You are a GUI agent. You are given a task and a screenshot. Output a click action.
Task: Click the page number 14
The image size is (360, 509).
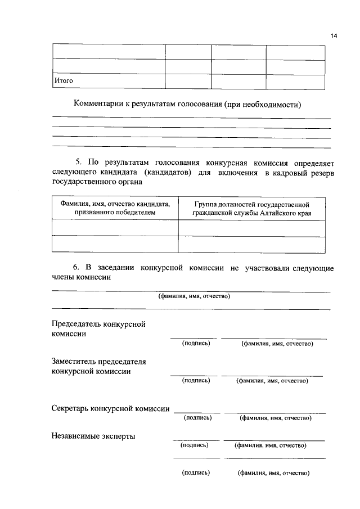[x=333, y=36]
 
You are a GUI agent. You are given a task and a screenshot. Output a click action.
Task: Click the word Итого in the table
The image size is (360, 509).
[x=64, y=81]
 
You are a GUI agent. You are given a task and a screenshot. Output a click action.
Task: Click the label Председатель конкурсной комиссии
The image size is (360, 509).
[x=99, y=329]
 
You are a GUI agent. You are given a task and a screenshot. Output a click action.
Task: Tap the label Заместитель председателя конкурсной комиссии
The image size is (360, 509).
[x=99, y=366]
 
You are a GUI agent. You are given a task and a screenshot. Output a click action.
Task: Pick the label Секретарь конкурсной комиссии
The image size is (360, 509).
[x=110, y=409]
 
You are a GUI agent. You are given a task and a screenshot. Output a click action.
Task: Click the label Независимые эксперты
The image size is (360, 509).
[x=93, y=435]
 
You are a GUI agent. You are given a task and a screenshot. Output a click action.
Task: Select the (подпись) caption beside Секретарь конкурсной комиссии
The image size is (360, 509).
[x=197, y=418]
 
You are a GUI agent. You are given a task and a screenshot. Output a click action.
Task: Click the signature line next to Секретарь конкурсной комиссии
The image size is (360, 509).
[x=197, y=413]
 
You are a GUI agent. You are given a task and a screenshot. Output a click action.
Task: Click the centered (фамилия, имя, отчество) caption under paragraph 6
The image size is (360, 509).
[x=194, y=296]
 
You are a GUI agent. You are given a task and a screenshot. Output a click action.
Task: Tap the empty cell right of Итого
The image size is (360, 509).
[x=188, y=81]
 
